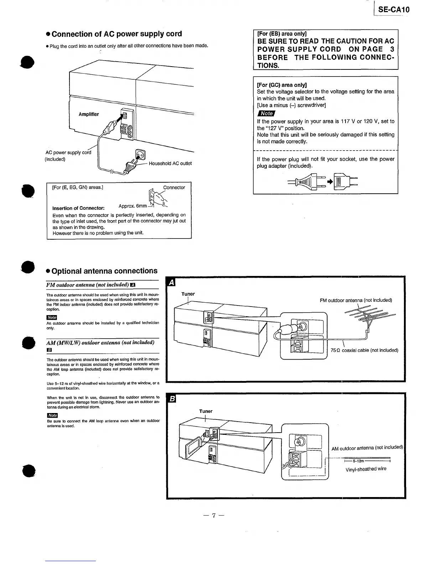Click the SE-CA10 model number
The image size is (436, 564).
[394, 9]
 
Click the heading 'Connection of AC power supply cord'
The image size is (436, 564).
[117, 34]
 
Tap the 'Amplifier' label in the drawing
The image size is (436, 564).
[89, 114]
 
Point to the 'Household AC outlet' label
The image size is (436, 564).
[170, 163]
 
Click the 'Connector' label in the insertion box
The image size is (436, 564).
[174, 188]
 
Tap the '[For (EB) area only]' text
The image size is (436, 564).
[282, 34]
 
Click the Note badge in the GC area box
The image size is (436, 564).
[266, 113]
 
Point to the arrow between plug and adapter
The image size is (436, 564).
[329, 182]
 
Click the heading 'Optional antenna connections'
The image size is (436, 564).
[104, 271]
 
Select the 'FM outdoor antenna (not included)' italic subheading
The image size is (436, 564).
[88, 285]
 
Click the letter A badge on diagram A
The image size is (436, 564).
[171, 283]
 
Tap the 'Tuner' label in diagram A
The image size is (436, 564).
[188, 294]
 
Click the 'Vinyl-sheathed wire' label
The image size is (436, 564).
[366, 469]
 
